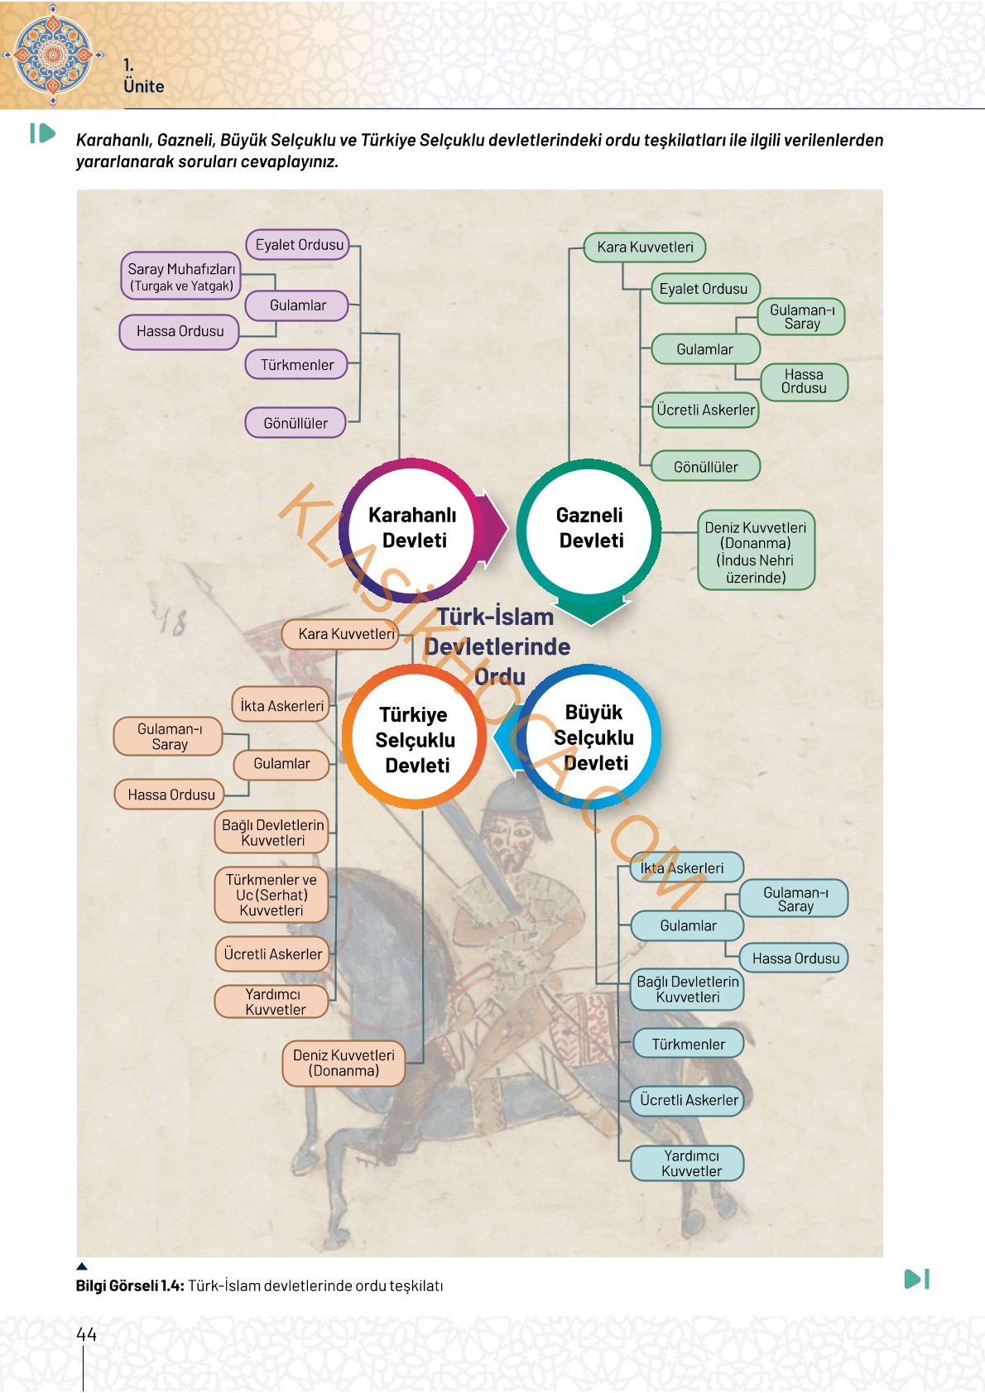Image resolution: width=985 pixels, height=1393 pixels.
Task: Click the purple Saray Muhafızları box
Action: [181, 276]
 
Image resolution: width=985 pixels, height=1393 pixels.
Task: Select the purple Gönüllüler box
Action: [295, 423]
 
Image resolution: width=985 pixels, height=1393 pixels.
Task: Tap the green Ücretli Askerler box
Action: [705, 410]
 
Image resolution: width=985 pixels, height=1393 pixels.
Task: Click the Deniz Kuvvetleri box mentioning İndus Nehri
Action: [756, 551]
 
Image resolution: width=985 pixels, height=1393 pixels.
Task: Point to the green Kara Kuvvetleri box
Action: [645, 247]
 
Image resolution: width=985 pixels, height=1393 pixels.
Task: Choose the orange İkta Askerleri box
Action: [281, 705]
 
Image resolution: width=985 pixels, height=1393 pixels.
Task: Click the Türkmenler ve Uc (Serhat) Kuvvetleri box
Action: [271, 895]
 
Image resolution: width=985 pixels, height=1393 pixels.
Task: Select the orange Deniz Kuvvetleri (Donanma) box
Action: [344, 1063]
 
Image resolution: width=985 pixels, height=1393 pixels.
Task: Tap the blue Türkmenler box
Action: [689, 1044]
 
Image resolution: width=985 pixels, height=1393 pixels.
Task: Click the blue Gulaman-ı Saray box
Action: [795, 899]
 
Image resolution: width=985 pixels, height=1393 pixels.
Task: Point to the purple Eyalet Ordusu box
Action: [299, 244]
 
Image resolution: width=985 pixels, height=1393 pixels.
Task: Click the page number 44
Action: [86, 1334]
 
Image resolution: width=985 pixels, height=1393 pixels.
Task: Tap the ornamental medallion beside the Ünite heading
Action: [52, 55]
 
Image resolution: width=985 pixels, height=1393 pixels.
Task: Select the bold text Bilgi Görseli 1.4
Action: [130, 1285]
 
